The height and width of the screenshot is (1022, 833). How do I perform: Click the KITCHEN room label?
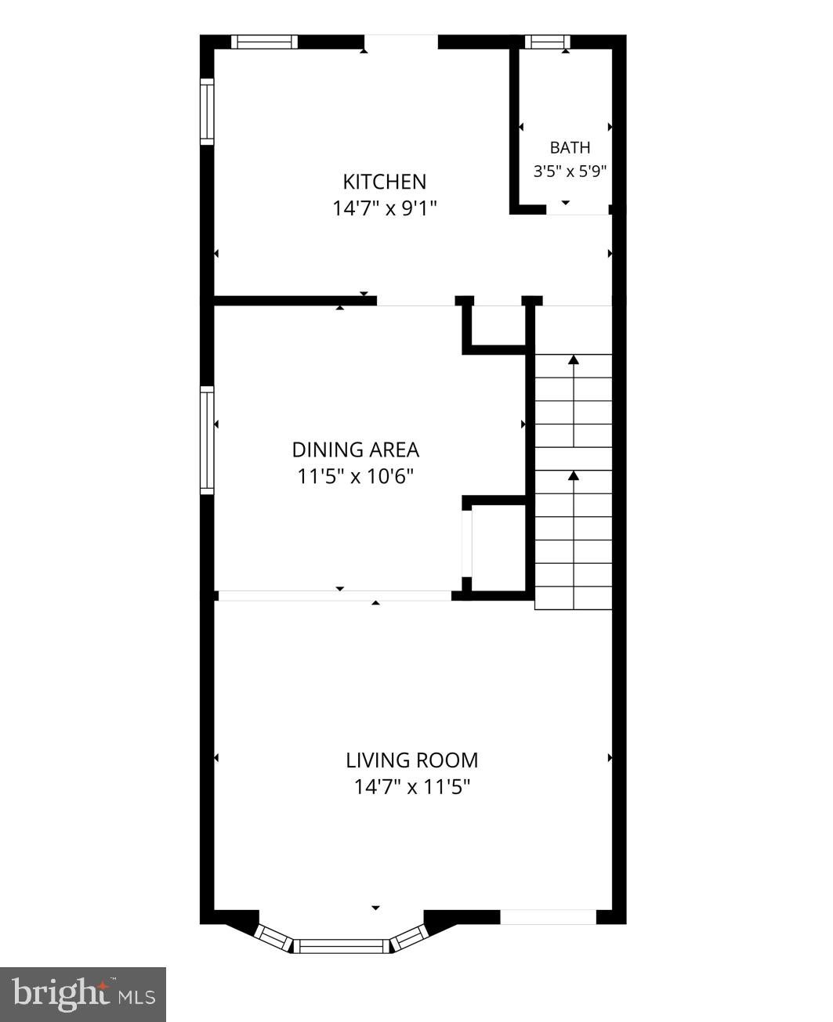coord(384,182)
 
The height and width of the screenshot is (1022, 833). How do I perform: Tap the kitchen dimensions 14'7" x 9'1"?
coord(385,209)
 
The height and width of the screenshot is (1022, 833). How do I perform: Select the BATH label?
coord(570,148)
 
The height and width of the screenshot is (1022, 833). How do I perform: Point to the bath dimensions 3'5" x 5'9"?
coord(570,172)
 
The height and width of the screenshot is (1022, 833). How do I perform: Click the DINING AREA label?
coord(355,450)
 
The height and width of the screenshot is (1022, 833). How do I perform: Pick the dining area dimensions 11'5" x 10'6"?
coord(355,477)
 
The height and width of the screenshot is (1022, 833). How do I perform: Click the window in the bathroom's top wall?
coord(547,42)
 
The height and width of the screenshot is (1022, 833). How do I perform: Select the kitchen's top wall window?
coord(265,42)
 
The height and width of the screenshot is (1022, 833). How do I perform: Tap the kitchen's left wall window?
coord(207,111)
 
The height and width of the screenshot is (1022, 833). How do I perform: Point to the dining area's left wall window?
coord(207,440)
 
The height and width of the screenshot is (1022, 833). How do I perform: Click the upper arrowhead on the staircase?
coord(574,359)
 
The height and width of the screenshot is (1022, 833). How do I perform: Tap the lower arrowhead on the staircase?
coord(574,475)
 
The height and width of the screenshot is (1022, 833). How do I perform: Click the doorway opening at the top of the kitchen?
coord(400,42)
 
